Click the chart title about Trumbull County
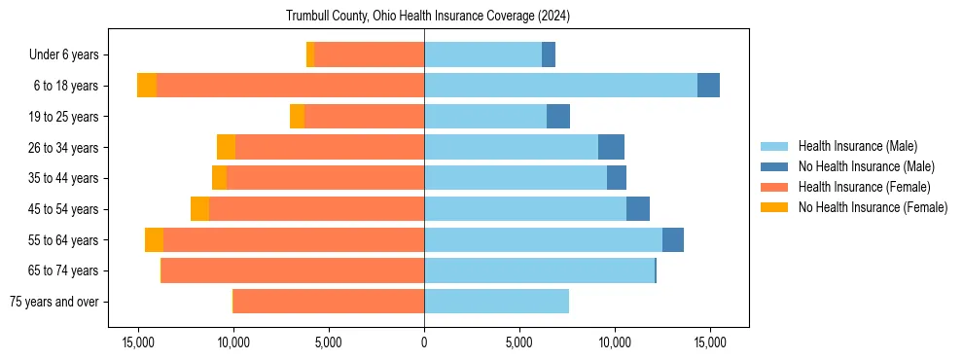[428, 16]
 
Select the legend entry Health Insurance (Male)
[857, 146]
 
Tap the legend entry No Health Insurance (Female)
[873, 207]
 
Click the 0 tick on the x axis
[424, 343]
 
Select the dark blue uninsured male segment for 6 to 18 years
[708, 86]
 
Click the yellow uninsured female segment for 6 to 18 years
[147, 86]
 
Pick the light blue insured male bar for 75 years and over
[496, 302]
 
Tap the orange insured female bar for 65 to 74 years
[293, 270]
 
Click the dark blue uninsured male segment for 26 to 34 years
[611, 147]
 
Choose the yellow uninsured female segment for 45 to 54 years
[199, 209]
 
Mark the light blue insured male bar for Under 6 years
[482, 55]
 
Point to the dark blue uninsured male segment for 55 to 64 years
[673, 239]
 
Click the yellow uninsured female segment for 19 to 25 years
[297, 117]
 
